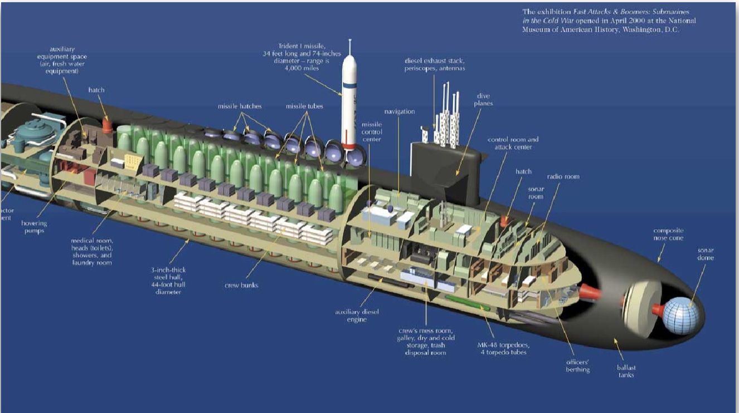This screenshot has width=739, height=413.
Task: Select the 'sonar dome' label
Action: pyautogui.click(x=705, y=254)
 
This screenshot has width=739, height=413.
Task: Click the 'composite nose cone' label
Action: pyautogui.click(x=668, y=234)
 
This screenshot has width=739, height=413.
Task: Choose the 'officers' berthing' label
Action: pyautogui.click(x=578, y=366)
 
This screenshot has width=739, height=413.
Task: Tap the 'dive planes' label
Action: pyautogui.click(x=484, y=100)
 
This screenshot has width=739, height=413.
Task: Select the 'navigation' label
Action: pyautogui.click(x=400, y=112)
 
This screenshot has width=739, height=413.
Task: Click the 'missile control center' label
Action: pyautogui.click(x=372, y=132)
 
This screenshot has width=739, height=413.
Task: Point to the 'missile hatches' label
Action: pyautogui.click(x=240, y=106)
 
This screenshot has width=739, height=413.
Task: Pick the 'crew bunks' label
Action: pyautogui.click(x=241, y=286)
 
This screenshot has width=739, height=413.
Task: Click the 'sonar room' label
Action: pyautogui.click(x=536, y=193)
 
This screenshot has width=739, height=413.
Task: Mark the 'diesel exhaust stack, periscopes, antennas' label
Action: pyautogui.click(x=435, y=64)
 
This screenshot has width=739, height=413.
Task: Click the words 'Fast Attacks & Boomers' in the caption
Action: pyautogui.click(x=599, y=12)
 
